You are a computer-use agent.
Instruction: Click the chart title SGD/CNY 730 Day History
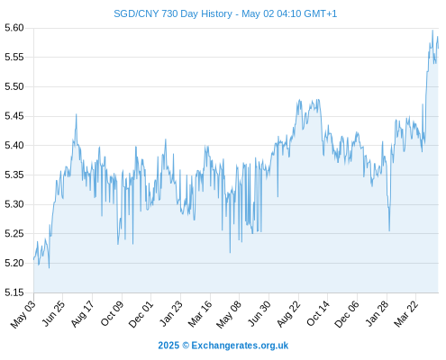click(x=173, y=13)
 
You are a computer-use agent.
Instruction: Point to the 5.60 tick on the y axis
click(x=14, y=28)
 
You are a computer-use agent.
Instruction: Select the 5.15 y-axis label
click(x=14, y=292)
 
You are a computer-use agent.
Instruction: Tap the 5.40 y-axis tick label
click(x=14, y=146)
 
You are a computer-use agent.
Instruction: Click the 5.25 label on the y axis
click(x=14, y=234)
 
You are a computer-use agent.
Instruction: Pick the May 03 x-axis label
click(x=23, y=314)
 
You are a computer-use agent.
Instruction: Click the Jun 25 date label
click(x=52, y=314)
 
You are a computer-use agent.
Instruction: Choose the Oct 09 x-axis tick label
click(x=112, y=314)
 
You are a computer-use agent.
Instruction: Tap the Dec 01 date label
click(x=141, y=314)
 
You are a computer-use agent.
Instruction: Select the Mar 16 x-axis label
click(x=200, y=314)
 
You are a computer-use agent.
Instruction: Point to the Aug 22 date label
click(x=288, y=314)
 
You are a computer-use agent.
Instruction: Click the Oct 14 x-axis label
click(x=318, y=314)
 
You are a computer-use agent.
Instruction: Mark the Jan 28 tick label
click(x=377, y=314)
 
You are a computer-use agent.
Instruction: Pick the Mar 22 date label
click(x=405, y=314)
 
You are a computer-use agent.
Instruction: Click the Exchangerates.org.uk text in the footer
click(x=240, y=346)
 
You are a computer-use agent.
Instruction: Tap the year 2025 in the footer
click(x=168, y=346)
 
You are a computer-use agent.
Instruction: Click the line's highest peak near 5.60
click(x=432, y=31)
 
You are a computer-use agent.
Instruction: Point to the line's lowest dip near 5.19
click(x=49, y=267)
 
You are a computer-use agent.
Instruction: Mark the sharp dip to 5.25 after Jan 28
click(x=389, y=230)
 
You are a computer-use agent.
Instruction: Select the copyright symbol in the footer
click(x=186, y=346)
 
